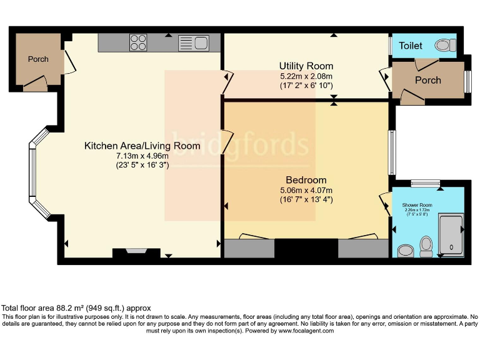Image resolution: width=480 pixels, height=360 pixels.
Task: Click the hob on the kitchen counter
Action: [138, 42]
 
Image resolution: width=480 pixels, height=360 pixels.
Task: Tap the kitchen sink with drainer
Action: [194, 43]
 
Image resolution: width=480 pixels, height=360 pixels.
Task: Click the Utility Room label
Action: [306, 66]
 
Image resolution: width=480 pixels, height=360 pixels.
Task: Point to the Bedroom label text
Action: [306, 181]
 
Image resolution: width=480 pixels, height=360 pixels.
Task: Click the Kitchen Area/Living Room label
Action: [142, 146]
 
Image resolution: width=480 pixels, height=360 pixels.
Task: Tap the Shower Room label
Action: [417, 205]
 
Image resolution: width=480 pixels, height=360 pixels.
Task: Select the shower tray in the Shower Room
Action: [451, 234]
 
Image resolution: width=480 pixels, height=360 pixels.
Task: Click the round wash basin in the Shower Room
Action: [405, 250]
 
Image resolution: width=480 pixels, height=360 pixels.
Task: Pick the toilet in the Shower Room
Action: [427, 246]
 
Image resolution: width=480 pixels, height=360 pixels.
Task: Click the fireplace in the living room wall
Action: [135, 252]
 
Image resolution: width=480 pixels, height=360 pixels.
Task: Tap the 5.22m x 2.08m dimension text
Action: [306, 76]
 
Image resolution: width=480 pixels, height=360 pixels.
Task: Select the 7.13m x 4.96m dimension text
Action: [142, 156]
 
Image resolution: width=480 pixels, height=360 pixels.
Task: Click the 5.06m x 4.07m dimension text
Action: [306, 191]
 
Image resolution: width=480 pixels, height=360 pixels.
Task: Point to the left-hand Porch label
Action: [37, 59]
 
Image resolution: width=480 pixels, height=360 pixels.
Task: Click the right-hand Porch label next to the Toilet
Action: [427, 80]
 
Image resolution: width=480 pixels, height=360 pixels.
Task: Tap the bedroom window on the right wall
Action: [391, 152]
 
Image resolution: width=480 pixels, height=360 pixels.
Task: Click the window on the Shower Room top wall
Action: [425, 182]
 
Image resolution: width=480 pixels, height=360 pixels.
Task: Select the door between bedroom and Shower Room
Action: [384, 203]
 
